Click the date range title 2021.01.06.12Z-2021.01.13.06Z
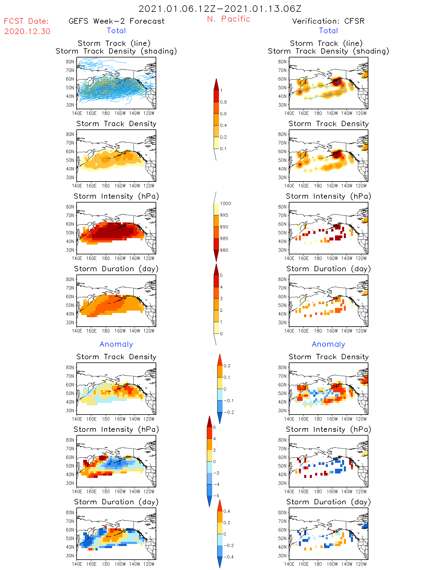click(x=220, y=9)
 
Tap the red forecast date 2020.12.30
click(x=27, y=31)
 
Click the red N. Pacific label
click(x=229, y=19)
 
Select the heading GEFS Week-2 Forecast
click(x=116, y=21)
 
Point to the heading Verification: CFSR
click(x=328, y=21)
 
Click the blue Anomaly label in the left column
click(x=116, y=344)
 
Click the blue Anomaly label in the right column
click(x=328, y=344)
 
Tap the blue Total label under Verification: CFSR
click(x=328, y=30)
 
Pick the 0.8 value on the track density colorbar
click(x=223, y=102)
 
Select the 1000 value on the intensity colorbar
click(x=225, y=204)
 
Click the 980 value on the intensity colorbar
click(x=224, y=250)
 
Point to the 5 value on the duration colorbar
click(x=221, y=275)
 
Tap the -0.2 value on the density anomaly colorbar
click(x=228, y=412)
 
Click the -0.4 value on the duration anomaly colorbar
click(x=228, y=557)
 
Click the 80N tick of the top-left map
click(x=70, y=62)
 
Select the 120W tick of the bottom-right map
click(x=361, y=564)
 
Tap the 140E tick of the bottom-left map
click(x=77, y=564)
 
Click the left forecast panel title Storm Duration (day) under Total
click(x=116, y=269)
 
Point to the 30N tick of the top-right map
click(x=282, y=105)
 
